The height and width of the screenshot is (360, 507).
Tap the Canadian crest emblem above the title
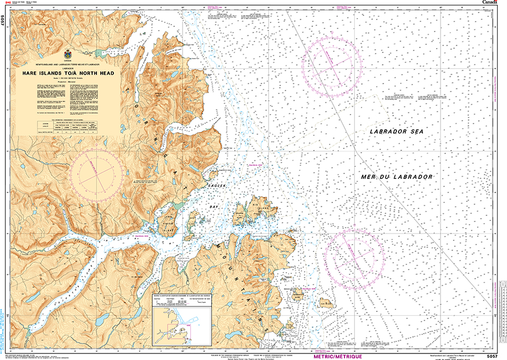click(68, 55)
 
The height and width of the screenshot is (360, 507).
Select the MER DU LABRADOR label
click(396, 177)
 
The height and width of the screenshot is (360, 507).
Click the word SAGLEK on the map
click(216, 186)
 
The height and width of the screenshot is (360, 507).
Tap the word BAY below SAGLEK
click(215, 208)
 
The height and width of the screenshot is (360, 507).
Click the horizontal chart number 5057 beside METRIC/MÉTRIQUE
click(492, 356)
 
